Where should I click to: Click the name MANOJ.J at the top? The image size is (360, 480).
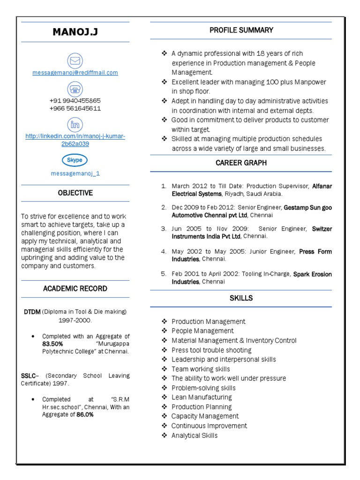[x=75, y=32]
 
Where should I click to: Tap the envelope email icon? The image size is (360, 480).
[x=75, y=60]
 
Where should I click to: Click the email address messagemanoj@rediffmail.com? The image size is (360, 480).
[x=75, y=73]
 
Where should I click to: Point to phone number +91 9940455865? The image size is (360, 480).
[x=75, y=101]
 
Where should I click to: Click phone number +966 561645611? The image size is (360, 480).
[x=75, y=108]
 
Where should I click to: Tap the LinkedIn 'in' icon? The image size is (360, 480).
[x=75, y=125]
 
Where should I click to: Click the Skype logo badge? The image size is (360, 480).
[x=75, y=160]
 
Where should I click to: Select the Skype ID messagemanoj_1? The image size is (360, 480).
[x=75, y=173]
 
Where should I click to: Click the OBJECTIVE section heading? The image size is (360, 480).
[x=75, y=193]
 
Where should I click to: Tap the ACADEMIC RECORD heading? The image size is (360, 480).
[x=75, y=288]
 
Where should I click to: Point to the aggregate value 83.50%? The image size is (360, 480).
[x=52, y=344]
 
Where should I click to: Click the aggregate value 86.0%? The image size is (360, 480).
[x=85, y=415]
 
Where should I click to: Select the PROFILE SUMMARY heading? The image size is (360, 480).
[x=241, y=30]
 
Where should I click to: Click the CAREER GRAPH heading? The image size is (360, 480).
[x=241, y=163]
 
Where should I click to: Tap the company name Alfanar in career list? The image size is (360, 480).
[x=322, y=186]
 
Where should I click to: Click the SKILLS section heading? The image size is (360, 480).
[x=241, y=298]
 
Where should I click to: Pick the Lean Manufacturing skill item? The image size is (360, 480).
[x=202, y=397]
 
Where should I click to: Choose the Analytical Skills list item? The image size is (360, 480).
[x=195, y=435]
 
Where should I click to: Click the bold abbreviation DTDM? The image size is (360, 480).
[x=32, y=312]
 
